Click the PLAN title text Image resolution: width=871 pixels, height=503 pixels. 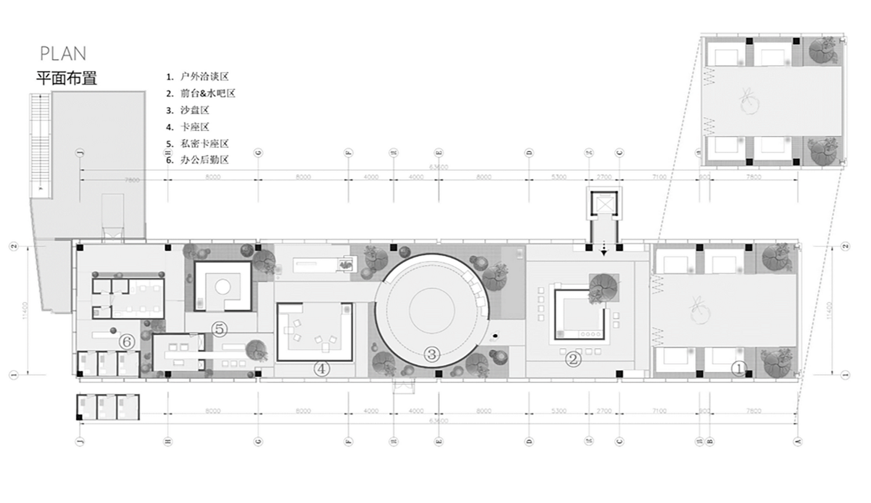63,54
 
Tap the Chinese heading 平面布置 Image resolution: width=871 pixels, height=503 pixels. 66,78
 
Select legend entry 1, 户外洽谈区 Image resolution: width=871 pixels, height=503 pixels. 198,77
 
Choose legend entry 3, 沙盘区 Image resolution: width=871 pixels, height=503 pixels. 188,110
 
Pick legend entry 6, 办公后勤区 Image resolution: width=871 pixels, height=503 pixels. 198,160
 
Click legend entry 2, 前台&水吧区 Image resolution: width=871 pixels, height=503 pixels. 201,93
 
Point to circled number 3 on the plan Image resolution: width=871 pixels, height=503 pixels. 431,354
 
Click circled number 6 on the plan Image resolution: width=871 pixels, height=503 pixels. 127,342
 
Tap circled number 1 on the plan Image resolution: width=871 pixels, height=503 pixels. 739,368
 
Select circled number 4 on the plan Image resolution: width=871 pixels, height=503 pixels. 321,368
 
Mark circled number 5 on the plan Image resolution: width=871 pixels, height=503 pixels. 219,329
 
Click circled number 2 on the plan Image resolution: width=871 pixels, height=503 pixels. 573,359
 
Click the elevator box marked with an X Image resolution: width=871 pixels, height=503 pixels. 604,204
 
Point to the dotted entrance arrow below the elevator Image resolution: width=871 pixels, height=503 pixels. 604,248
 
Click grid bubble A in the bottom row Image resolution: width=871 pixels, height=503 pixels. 798,442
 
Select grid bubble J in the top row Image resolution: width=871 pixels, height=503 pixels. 80,153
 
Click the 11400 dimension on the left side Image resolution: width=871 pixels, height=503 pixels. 25,310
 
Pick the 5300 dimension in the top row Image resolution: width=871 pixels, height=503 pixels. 559,176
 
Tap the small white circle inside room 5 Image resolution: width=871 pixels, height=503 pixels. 222,286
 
